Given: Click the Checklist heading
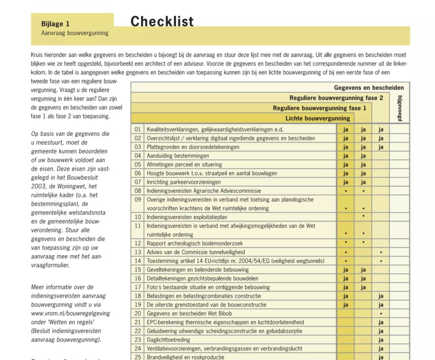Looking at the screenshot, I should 162,21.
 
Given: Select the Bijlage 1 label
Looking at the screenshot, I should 55,24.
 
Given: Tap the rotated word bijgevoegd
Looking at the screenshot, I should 399,109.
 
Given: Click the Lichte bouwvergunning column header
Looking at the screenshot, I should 318,118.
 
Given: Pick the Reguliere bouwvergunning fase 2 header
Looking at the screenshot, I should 336,98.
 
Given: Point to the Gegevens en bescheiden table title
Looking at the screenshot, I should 369,88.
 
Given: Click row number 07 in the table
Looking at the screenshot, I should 138,182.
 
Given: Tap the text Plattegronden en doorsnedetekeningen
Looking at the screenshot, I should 193,147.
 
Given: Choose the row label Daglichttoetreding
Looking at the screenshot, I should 168,340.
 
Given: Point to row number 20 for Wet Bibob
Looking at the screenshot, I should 138,313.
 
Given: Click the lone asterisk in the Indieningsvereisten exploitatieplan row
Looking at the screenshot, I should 363,217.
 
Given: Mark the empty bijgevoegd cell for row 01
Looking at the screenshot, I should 399,129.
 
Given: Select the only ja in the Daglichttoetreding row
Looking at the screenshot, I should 381,340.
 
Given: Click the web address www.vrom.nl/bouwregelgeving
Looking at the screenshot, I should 71,313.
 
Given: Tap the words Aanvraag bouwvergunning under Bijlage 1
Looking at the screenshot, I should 75,33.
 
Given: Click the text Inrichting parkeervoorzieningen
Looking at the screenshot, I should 184,182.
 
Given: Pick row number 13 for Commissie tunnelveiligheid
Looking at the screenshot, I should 138,252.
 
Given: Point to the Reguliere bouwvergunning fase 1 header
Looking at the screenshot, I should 316,108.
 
